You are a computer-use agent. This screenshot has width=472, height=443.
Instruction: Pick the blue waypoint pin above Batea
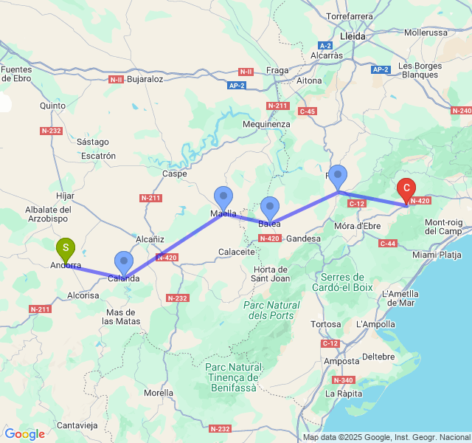[271, 207]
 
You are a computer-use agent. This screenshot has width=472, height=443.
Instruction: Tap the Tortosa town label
[325, 324]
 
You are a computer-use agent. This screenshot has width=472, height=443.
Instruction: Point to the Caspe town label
[175, 174]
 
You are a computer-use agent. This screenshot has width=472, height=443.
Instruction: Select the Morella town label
[159, 393]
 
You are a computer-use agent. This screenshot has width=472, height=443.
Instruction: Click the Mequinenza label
[266, 124]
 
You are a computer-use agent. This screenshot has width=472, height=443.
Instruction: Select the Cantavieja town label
[77, 425]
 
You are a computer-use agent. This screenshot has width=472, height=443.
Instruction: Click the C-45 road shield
[308, 111]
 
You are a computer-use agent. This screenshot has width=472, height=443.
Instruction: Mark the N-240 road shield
[461, 111]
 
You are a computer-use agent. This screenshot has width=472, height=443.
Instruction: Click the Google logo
[24, 434]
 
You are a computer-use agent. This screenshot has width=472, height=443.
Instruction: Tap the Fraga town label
[277, 70]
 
